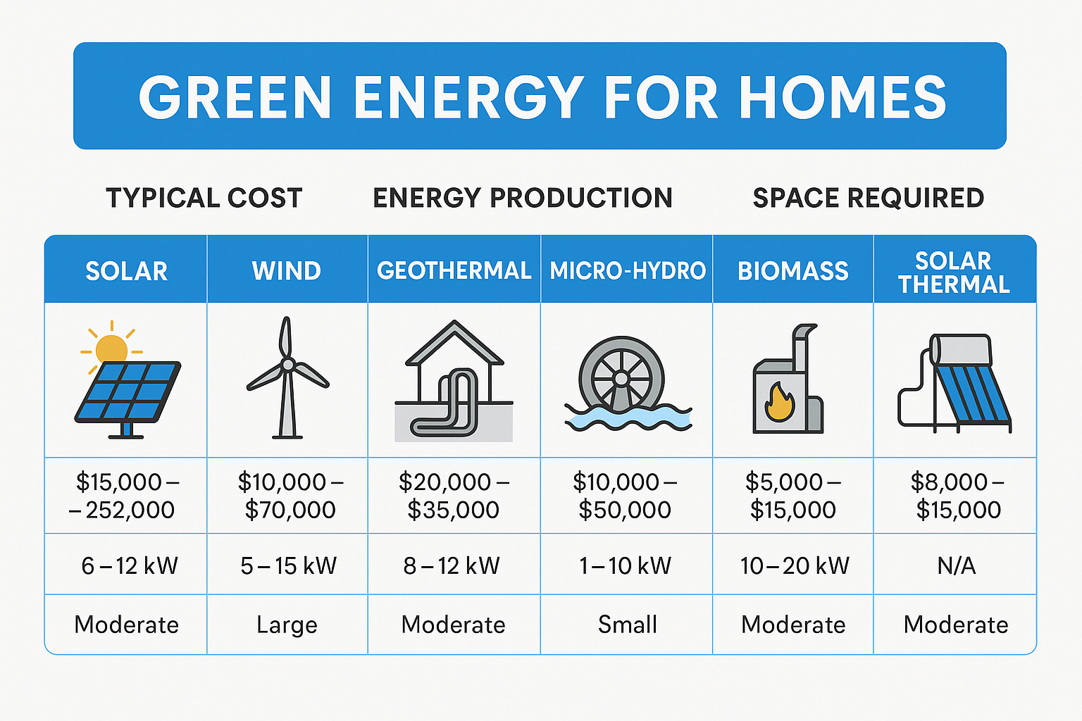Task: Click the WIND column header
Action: tap(287, 271)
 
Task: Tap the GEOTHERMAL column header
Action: tap(454, 271)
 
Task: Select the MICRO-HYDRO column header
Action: tap(627, 271)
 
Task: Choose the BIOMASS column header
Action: tap(793, 271)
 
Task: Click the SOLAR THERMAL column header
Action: tap(954, 272)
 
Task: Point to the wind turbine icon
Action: tap(287, 377)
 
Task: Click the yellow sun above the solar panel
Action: tap(111, 349)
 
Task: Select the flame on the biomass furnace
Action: tap(779, 403)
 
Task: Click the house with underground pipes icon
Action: tap(454, 380)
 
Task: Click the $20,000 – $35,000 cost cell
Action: tap(454, 496)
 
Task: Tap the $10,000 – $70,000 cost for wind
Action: tap(290, 496)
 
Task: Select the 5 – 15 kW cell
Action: tap(288, 565)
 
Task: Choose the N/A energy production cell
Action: tap(956, 565)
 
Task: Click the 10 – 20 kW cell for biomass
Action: tap(794, 565)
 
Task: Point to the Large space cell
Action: tap(287, 625)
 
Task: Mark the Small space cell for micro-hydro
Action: tap(627, 625)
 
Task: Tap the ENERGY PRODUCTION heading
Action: tap(522, 198)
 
